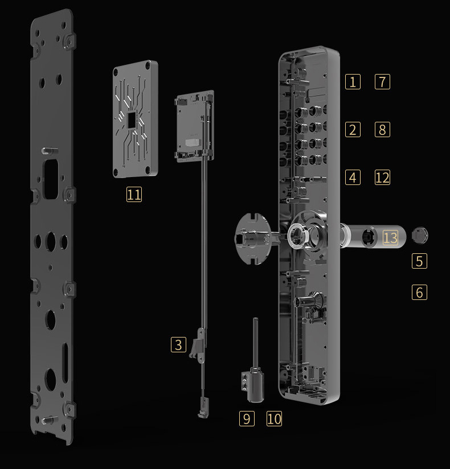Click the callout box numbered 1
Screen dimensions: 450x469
(353, 81)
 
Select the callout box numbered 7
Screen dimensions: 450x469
(382, 81)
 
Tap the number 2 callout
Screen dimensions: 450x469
(353, 130)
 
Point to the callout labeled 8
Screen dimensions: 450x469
(382, 130)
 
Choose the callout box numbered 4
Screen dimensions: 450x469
(353, 178)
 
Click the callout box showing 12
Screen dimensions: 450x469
(382, 178)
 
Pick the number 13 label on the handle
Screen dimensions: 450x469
(390, 238)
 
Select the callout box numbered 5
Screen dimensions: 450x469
(419, 261)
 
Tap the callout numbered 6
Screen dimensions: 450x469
(419, 292)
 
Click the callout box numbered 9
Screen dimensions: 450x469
(247, 418)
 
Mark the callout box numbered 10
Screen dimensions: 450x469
(274, 418)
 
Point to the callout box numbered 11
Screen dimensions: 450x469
(134, 194)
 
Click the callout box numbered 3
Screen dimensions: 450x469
(178, 344)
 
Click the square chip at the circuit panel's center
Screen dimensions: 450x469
(132, 120)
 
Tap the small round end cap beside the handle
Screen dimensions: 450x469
(420, 235)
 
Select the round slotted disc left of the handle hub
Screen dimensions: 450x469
(252, 238)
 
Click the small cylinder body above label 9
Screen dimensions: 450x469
(255, 386)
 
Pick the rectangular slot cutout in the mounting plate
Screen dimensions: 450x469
(51, 179)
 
